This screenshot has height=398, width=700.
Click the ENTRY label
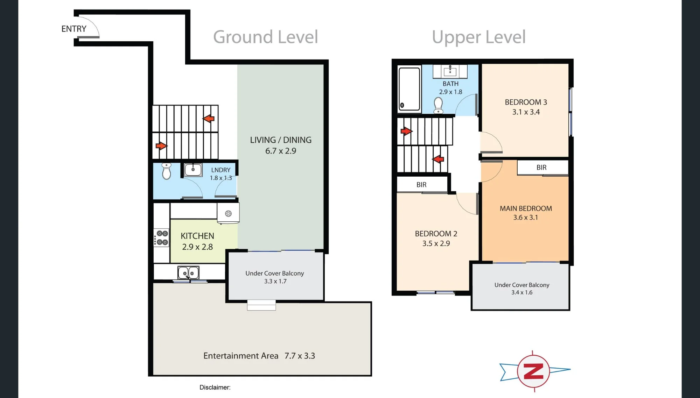coord(74,29)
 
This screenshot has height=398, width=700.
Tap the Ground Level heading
coord(266,37)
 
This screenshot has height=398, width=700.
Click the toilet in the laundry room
coord(167,171)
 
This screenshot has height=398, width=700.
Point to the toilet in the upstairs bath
coord(438,105)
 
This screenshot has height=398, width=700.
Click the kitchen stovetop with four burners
coord(161,238)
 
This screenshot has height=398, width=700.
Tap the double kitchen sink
coord(188,273)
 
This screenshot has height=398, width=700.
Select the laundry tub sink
coord(193,170)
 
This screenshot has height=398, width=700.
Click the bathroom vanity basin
coord(450,71)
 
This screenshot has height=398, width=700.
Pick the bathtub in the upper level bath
coord(409,89)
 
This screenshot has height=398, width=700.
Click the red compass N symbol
coord(533,371)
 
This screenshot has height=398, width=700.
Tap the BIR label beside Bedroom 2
coord(421,185)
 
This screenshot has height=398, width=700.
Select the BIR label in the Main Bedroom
coord(541,168)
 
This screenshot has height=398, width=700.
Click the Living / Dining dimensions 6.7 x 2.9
coord(281,151)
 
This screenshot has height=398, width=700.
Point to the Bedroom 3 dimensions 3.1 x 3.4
coord(526,112)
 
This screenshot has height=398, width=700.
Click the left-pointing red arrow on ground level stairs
coord(209,119)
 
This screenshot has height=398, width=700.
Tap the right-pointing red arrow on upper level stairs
coord(406,131)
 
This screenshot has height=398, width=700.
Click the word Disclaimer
coord(215,388)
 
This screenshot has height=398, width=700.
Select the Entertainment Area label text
coord(241,356)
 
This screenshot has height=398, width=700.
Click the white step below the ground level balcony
coord(261,305)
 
